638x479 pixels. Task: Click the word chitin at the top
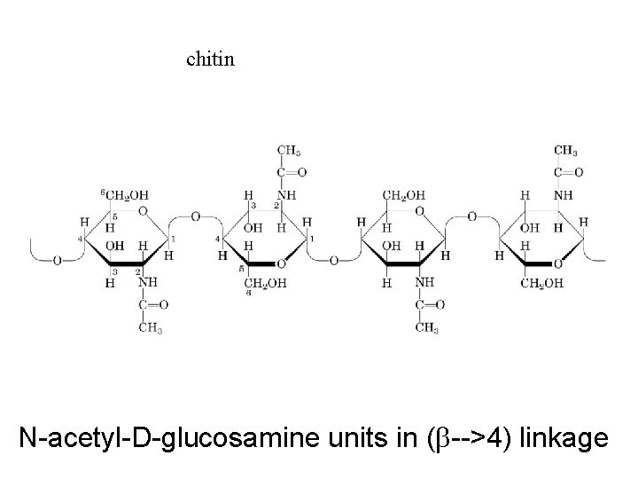tap(211, 59)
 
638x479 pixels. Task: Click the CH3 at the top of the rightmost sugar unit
tap(566, 150)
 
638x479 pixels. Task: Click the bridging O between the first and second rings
tap(195, 216)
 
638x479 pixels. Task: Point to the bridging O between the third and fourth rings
tap(471, 216)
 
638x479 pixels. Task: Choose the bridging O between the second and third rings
tap(334, 262)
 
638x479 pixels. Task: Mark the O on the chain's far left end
tap(58, 262)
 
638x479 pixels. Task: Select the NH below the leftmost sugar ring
tap(147, 284)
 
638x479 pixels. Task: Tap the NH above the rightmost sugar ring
tap(563, 195)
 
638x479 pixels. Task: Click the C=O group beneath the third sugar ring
tap(424, 305)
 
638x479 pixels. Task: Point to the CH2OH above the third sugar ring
tap(403, 195)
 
